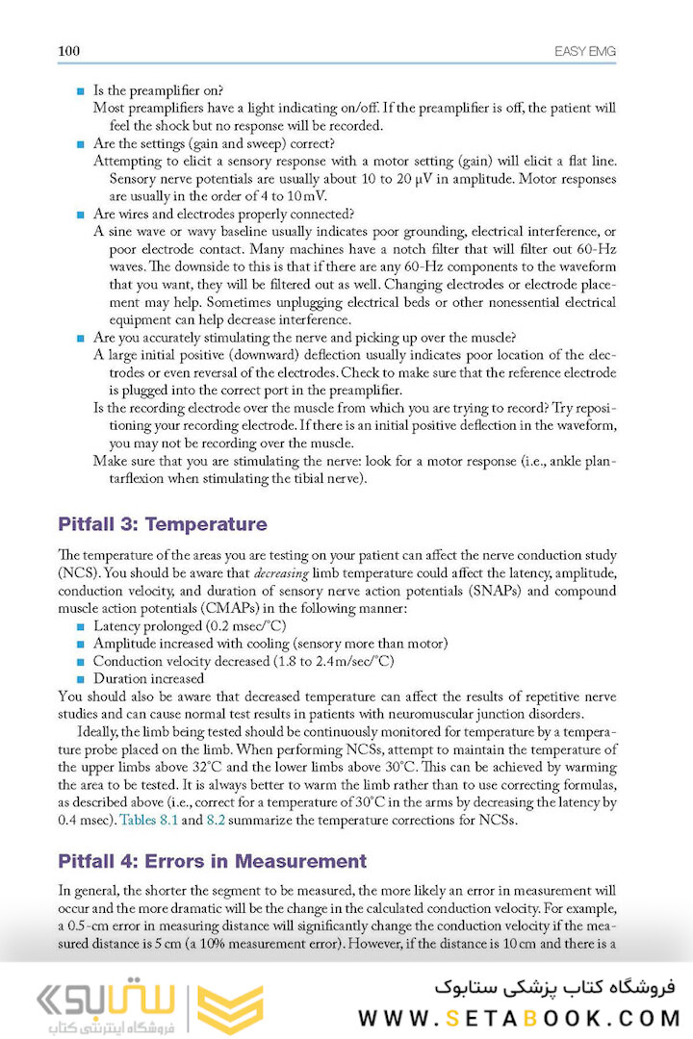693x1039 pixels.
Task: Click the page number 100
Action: tap(68, 50)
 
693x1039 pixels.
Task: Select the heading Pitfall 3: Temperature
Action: tap(162, 525)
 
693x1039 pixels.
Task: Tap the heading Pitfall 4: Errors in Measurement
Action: tap(212, 861)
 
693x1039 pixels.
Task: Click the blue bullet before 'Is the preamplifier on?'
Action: tap(81, 90)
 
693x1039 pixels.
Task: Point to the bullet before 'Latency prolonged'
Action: tap(81, 626)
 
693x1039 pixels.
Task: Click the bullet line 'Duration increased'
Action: tap(148, 678)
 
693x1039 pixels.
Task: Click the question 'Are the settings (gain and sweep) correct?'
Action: tap(214, 143)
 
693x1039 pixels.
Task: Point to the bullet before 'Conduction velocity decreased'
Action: tap(81, 661)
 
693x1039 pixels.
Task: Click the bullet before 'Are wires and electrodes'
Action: tap(81, 214)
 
